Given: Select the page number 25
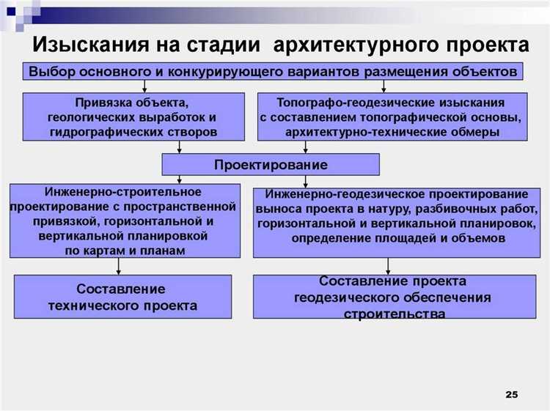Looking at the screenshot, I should [511, 395].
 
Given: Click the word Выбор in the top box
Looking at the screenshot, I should [51, 71].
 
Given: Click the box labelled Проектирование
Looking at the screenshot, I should [271, 163].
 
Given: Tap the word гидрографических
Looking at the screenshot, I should [98, 132].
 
